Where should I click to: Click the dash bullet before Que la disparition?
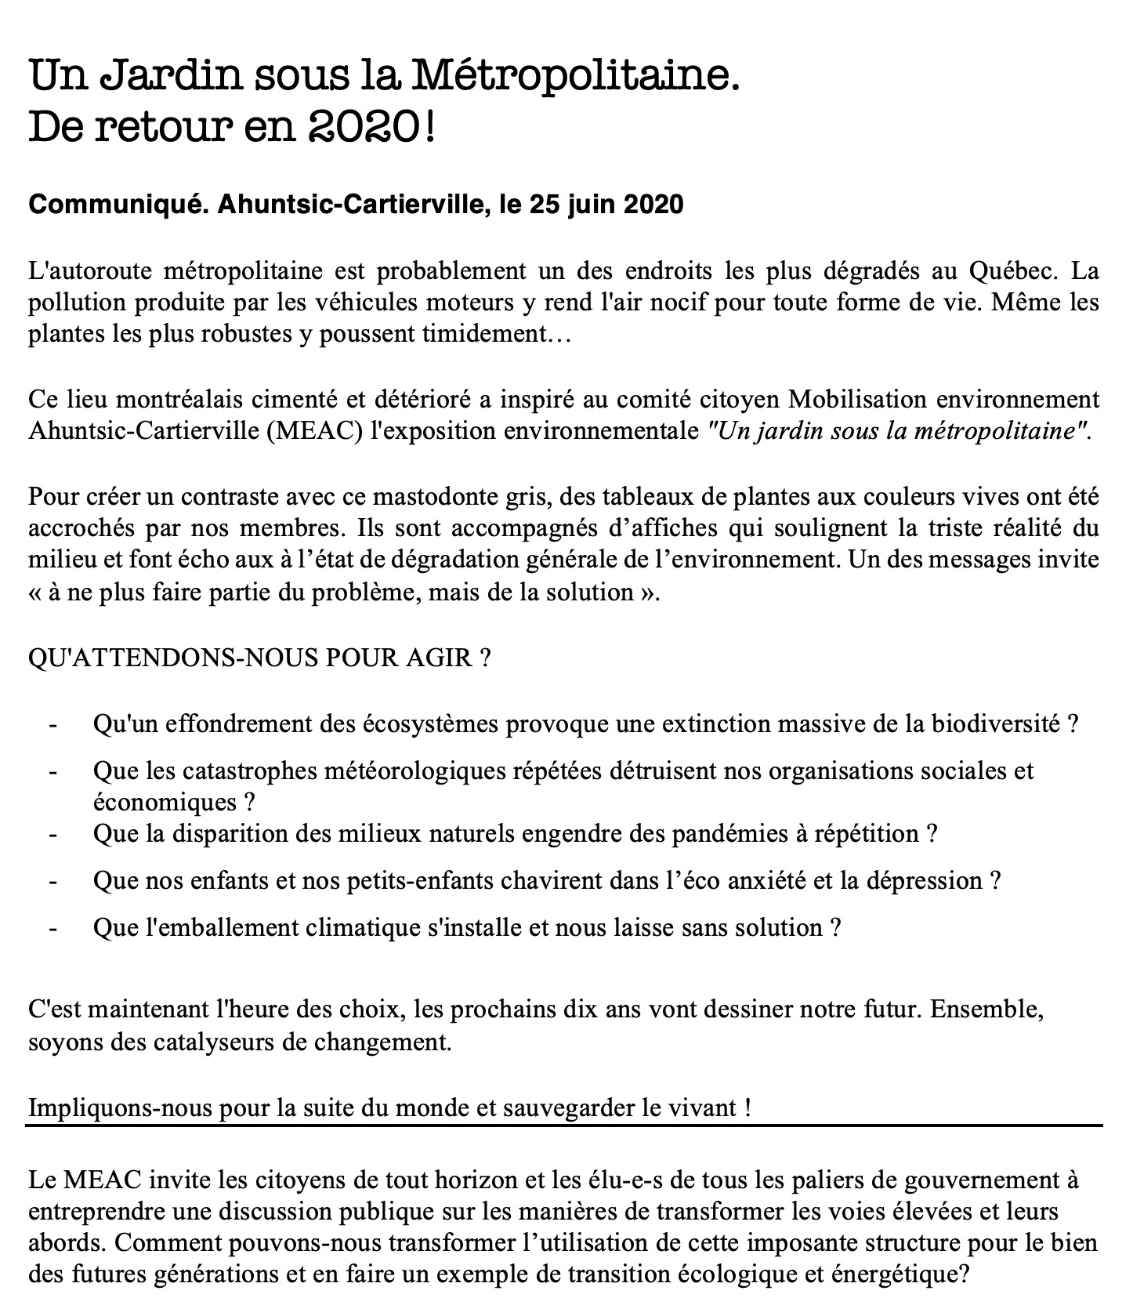coord(52,833)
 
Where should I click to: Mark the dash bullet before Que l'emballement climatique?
coord(52,928)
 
